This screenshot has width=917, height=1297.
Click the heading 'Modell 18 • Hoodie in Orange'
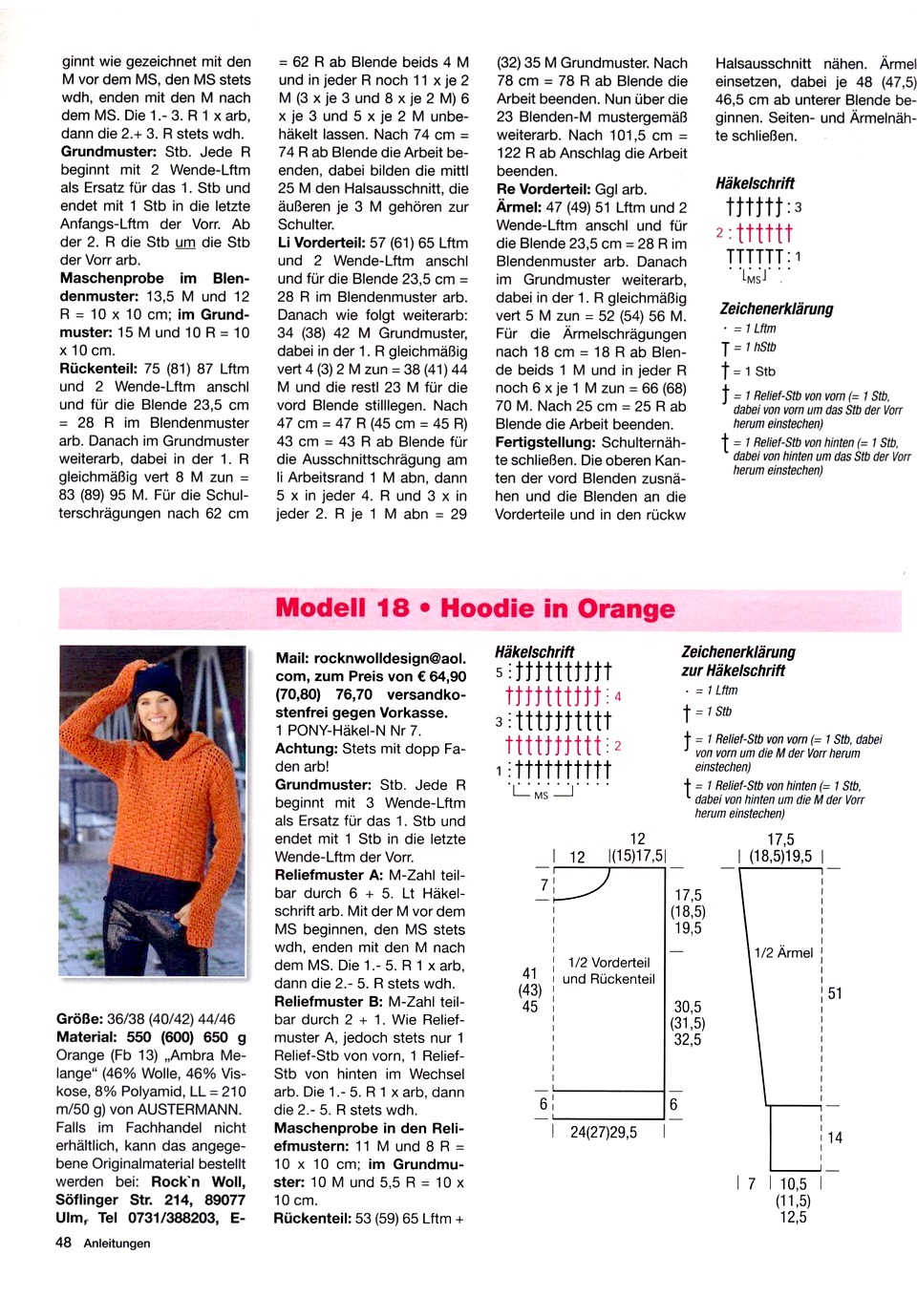(475, 608)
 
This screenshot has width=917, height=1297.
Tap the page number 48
(63, 1243)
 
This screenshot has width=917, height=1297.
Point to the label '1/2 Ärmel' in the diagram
(783, 952)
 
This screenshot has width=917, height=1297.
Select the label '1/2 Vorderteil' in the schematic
(608, 962)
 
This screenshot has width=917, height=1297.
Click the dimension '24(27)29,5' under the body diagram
(604, 1132)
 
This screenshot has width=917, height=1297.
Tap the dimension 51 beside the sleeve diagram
(835, 993)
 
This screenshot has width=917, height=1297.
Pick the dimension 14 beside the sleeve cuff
(835, 1138)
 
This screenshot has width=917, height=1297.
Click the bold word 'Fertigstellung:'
(543, 442)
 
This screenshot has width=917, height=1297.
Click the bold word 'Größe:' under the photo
(79, 1019)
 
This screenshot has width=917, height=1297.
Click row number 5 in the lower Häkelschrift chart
(499, 672)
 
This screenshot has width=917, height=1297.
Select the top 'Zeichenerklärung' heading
(777, 308)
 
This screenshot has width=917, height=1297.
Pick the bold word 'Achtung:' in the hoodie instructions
(306, 749)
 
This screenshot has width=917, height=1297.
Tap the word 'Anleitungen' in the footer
(117, 1244)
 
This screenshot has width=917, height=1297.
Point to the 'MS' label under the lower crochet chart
(542, 795)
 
